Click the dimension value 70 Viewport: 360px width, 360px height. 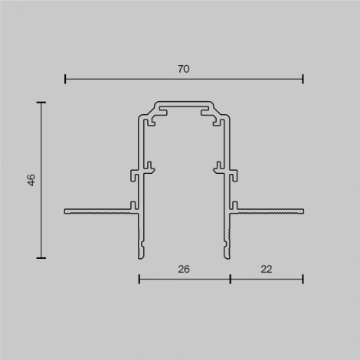tap(184, 69)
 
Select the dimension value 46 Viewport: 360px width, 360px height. tap(31, 180)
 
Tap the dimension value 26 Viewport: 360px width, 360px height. tap(184, 270)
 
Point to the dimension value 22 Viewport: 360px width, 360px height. tap(266, 270)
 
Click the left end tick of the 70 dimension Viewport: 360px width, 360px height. tap(65, 78)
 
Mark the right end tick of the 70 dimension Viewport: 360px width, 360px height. tap(303, 78)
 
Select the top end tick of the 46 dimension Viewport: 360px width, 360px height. tap(41, 102)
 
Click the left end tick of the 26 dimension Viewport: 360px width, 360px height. tap(139, 279)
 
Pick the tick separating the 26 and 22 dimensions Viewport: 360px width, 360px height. tap(230, 279)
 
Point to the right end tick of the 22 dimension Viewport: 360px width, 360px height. tap(303, 279)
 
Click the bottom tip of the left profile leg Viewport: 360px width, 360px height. tap(140, 256)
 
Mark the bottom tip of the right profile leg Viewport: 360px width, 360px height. tap(227, 256)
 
